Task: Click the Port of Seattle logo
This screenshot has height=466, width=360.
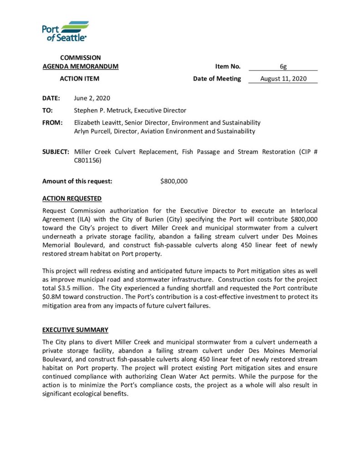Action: [x=65, y=31]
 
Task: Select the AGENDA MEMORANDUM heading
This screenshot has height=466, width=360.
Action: [x=80, y=66]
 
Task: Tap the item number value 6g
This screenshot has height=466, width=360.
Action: [x=283, y=66]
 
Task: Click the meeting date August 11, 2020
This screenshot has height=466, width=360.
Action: [x=283, y=79]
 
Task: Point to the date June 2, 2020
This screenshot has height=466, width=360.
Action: [x=91, y=98]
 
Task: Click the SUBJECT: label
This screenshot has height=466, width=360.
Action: [x=56, y=152]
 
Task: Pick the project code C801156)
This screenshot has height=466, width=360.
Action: [x=87, y=161]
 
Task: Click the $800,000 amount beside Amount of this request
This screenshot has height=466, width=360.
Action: [x=173, y=181]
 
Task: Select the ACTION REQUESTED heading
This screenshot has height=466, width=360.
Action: [x=72, y=198]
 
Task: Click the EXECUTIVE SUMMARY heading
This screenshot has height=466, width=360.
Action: [x=75, y=329]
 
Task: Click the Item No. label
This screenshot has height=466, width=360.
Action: [x=228, y=66]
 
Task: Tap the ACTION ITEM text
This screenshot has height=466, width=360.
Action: [x=80, y=79]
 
